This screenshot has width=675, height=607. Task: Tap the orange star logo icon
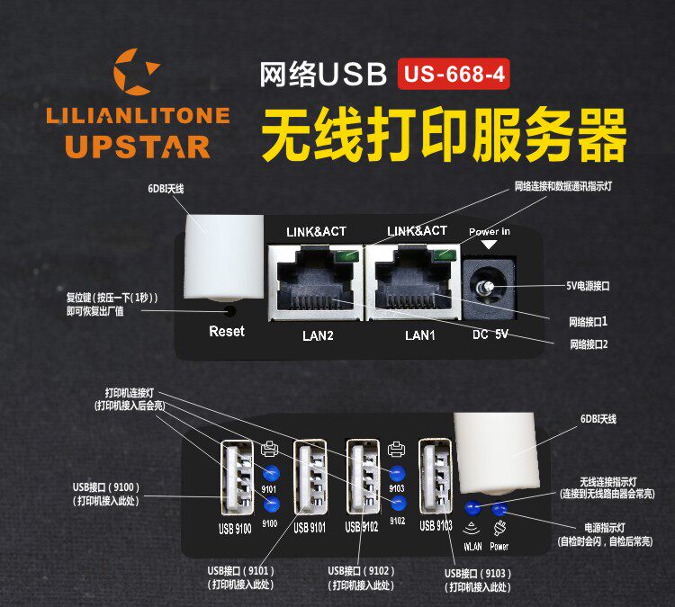tap(139, 73)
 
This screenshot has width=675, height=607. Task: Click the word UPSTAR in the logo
tap(138, 147)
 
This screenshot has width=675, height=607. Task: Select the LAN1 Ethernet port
tap(413, 281)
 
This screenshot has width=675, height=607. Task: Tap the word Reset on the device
tap(227, 332)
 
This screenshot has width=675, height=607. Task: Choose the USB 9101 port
tap(308, 478)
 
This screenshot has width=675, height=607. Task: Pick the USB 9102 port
tap(364, 478)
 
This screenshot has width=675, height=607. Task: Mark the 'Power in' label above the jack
tap(490, 232)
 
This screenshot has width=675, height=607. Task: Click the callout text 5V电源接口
tap(589, 286)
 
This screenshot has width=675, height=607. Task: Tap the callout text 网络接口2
tap(589, 344)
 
